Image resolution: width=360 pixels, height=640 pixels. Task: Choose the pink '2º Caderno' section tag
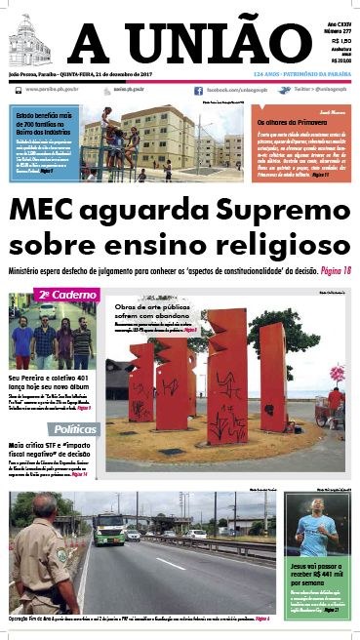pyautogui.click(x=66, y=294)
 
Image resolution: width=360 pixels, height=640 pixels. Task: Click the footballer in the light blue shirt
pyautogui.click(x=322, y=527)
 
